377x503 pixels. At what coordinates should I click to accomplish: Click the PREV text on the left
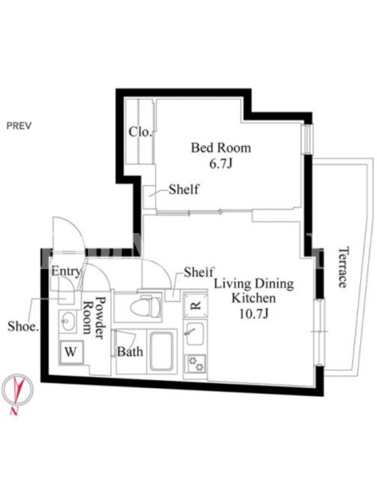coord(19,125)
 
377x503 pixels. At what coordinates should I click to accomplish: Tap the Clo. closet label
coord(140,131)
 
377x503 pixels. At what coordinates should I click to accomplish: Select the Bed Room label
coord(221,148)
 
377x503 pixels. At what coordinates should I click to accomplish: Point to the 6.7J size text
coord(221,163)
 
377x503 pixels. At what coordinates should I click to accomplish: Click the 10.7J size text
coord(253,313)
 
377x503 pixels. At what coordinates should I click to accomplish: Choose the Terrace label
coord(343,267)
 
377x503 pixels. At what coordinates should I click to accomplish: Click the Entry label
coord(67,272)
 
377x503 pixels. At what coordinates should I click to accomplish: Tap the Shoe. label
coord(23,326)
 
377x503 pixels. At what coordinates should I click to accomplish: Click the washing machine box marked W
coord(70,352)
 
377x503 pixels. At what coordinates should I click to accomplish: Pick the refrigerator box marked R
coord(195,305)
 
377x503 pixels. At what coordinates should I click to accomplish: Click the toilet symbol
coord(146,306)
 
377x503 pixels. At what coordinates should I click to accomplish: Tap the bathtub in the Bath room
coord(162,351)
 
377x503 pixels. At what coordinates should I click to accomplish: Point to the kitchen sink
coord(195,334)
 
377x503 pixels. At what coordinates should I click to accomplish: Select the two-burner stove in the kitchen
coord(195,364)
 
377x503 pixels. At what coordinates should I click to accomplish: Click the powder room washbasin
coord(68,321)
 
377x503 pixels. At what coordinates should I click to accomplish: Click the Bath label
coord(130,352)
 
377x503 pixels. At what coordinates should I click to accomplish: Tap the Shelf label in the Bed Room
coord(183,189)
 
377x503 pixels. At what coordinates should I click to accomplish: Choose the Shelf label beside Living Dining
coord(199,272)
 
